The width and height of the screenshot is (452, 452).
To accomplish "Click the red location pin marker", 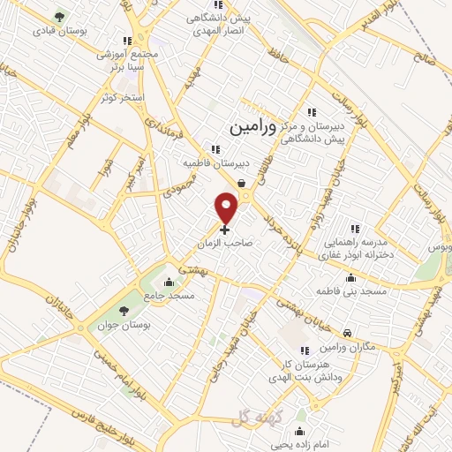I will coord(227,207).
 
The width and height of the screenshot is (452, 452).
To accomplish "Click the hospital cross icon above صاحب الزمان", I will coord(224,229).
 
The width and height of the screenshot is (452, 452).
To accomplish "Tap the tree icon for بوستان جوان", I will coord(123,311).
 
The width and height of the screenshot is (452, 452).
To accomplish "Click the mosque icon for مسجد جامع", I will coord(169,283).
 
